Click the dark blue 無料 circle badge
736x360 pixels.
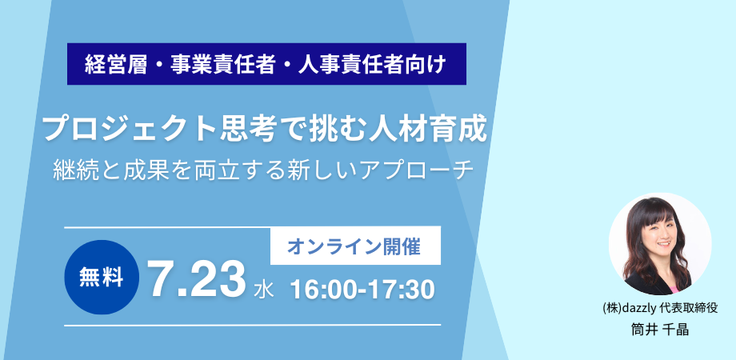[x=102, y=278]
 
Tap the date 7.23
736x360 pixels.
[x=196, y=281]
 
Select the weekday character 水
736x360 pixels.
[x=263, y=290]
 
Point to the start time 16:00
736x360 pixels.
[x=326, y=290]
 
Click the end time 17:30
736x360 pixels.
[x=402, y=290]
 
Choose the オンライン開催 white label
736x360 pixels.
[x=355, y=246]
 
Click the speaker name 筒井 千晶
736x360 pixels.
[x=660, y=330]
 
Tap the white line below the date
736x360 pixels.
[x=253, y=325]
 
